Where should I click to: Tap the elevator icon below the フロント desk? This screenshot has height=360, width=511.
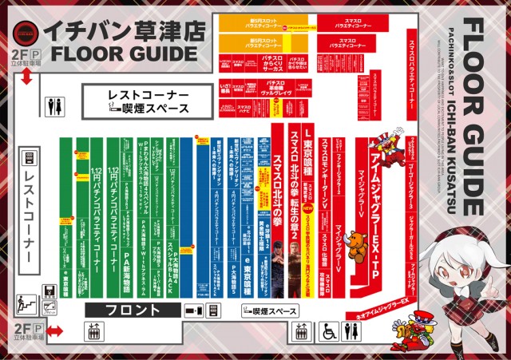(94, 331)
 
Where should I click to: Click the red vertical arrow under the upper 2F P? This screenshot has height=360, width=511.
(26, 76)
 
